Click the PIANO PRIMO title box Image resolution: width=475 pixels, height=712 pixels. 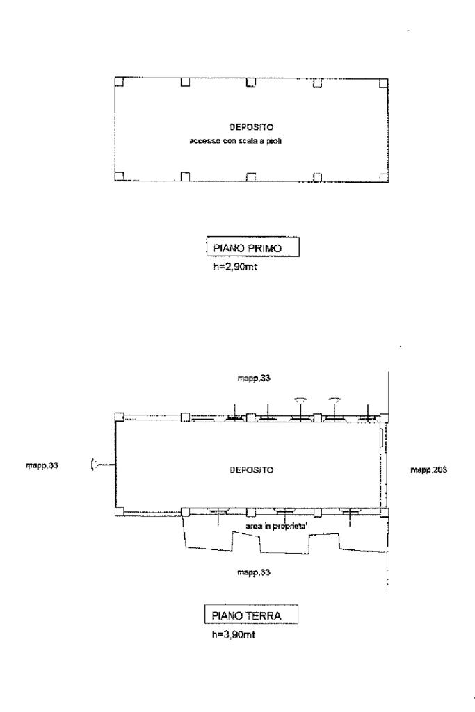pos(252,247)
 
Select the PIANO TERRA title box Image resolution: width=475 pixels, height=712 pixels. pos(251,615)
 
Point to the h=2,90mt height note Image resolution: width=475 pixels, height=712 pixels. pos(234,267)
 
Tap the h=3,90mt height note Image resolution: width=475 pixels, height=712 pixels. pos(234,634)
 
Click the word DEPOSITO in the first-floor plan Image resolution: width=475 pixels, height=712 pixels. pos(251,127)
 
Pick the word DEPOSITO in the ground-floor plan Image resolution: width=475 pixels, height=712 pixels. pos(251,470)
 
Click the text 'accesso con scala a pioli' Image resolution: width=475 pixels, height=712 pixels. pos(236,141)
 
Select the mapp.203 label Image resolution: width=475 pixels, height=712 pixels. pos(428,470)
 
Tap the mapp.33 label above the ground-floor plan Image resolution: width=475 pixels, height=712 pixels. pos(254,378)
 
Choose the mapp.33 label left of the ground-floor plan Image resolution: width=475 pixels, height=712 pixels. pos(42,465)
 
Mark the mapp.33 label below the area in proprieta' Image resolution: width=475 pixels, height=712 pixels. pos(254,572)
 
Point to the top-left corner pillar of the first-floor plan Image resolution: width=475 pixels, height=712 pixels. pos(119,82)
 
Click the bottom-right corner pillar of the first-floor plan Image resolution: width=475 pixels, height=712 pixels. pos(384,177)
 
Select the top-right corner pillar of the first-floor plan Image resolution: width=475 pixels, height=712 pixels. pos(384,83)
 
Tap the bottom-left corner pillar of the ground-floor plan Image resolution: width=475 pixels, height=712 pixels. pos(119,512)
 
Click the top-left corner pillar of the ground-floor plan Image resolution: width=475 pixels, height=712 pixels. pos(119,417)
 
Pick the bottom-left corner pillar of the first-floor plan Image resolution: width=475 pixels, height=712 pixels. pos(119,176)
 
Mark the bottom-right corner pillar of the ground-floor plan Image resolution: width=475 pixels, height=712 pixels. pos(385,512)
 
